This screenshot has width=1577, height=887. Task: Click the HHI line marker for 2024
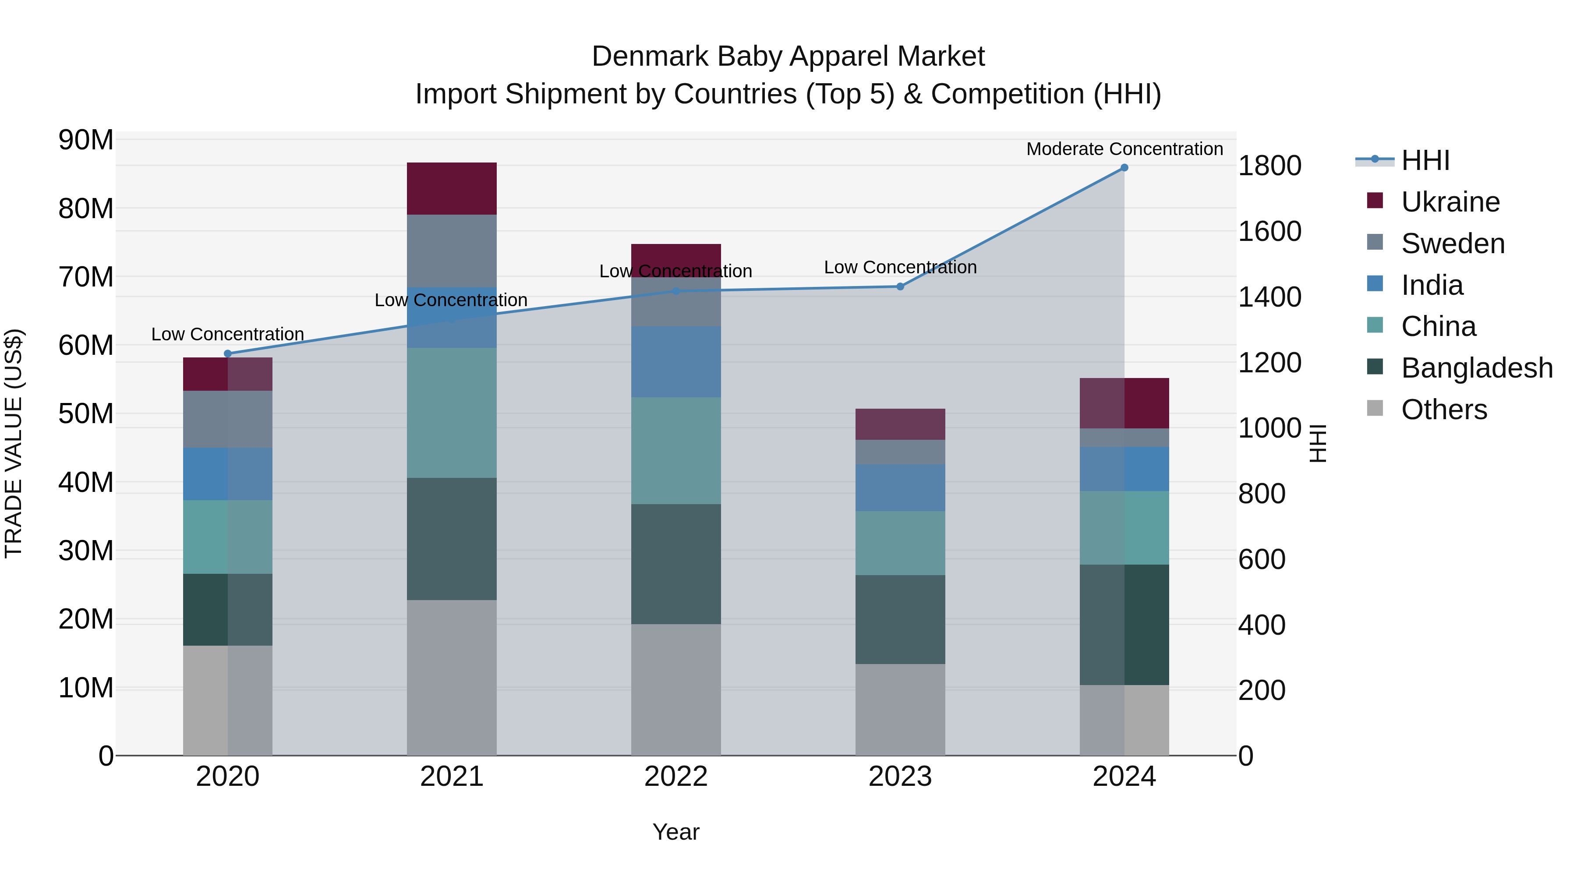[x=1124, y=168]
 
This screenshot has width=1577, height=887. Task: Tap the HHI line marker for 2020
[x=228, y=354]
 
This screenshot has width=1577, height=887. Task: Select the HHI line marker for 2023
[x=900, y=286]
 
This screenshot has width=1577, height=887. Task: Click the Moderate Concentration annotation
[x=1124, y=149]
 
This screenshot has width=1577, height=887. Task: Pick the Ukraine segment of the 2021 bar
[x=452, y=188]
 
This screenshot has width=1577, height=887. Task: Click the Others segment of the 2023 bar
[x=900, y=710]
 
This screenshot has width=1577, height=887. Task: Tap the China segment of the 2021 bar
[x=452, y=413]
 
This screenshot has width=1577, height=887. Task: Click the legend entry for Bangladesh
[x=1477, y=368]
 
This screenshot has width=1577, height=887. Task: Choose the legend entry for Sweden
[x=1452, y=244]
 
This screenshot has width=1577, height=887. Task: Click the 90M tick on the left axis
[x=86, y=140]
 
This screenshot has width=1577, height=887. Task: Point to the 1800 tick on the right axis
[x=1269, y=166]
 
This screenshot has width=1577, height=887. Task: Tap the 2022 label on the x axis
[x=676, y=777]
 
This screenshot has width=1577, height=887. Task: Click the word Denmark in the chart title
[x=650, y=57]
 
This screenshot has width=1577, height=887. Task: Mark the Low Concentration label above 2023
[x=900, y=268]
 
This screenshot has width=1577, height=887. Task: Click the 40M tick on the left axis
[x=86, y=482]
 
